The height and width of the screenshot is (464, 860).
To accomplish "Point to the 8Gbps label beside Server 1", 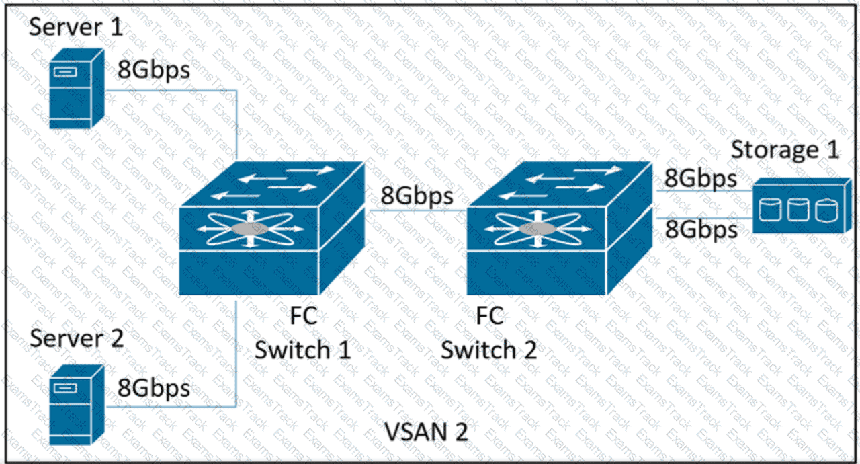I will point(154,70).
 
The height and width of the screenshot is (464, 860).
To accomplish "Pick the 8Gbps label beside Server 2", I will point(154,388).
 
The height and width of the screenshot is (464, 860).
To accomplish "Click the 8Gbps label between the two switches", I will point(417,197).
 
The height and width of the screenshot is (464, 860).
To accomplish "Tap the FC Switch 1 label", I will point(302,333).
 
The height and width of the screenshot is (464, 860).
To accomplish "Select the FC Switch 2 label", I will point(488,333).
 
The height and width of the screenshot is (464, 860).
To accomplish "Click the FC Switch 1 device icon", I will point(272,232).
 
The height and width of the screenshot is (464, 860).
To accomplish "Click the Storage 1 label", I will point(785,149).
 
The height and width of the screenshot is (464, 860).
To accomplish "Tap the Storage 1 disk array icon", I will point(800,205).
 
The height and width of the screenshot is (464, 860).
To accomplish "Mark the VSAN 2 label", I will point(426,431).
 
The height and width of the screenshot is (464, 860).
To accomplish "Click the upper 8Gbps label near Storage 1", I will point(701,178).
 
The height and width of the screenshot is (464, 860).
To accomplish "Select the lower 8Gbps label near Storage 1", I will point(701,230).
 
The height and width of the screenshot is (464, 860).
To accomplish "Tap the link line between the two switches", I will point(417,210).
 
